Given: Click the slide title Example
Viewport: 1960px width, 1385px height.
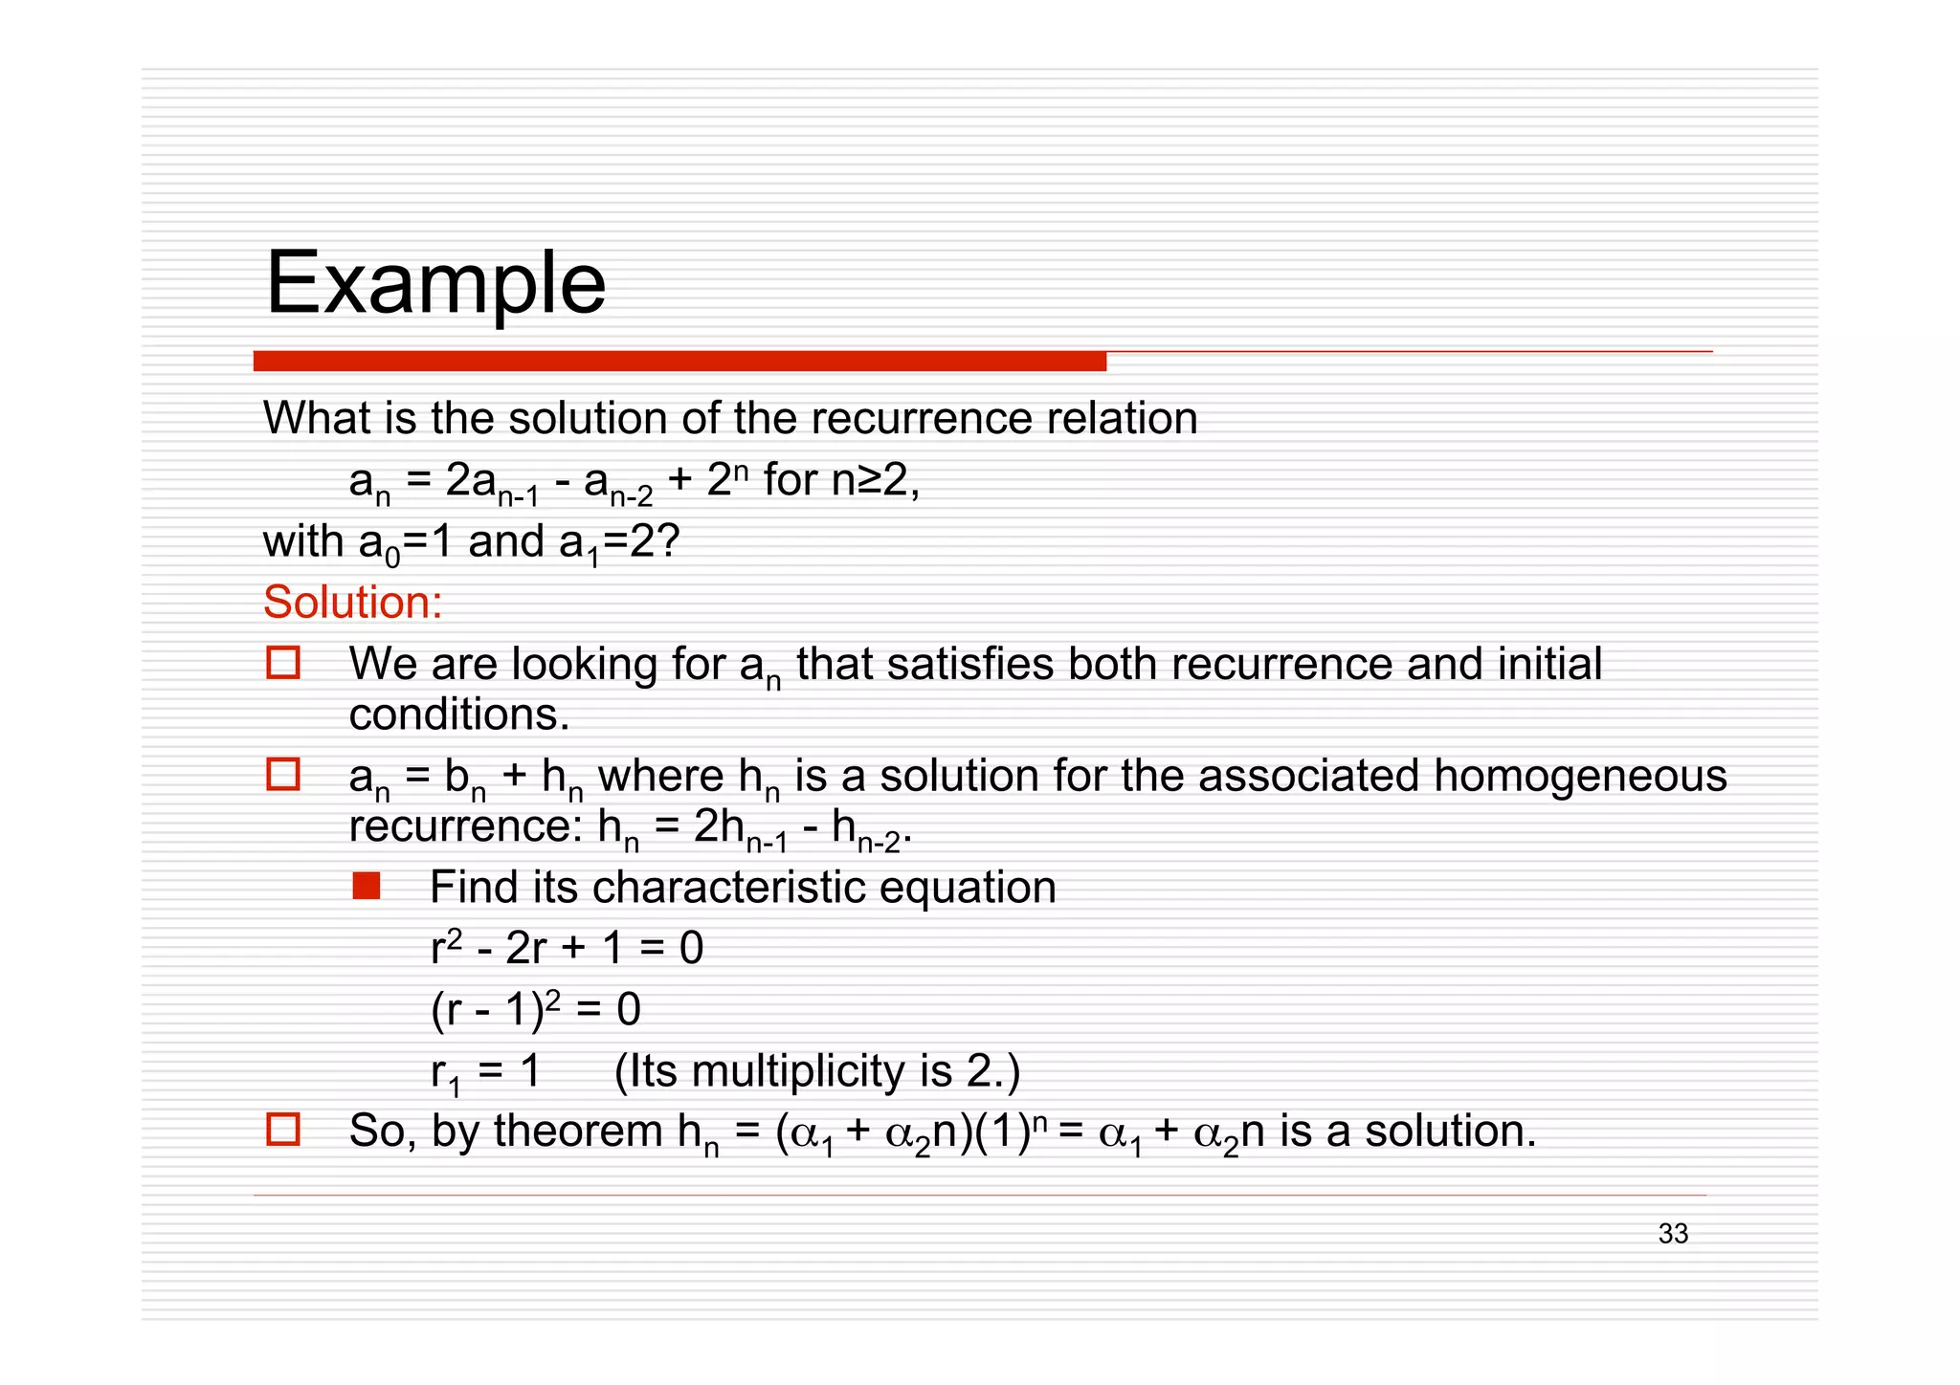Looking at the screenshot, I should (435, 284).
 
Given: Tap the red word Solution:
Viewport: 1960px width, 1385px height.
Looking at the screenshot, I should (352, 603).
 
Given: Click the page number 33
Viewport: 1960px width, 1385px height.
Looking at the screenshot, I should (1673, 1234).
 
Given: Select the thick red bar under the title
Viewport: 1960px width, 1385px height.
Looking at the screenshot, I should (679, 362).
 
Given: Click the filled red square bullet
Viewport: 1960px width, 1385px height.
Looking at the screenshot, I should (366, 887).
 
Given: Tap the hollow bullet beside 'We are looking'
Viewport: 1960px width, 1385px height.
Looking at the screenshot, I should (283, 663).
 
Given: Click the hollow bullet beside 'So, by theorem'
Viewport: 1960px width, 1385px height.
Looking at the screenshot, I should (283, 1130).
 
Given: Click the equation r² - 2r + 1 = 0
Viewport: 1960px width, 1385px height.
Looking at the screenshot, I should (567, 948).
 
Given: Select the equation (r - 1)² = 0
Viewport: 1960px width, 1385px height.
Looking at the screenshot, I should (536, 1009).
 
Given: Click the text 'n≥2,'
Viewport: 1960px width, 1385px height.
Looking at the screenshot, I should (875, 479).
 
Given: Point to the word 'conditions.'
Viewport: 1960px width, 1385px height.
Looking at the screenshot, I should (459, 714).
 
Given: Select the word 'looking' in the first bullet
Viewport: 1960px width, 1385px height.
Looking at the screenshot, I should (585, 665).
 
